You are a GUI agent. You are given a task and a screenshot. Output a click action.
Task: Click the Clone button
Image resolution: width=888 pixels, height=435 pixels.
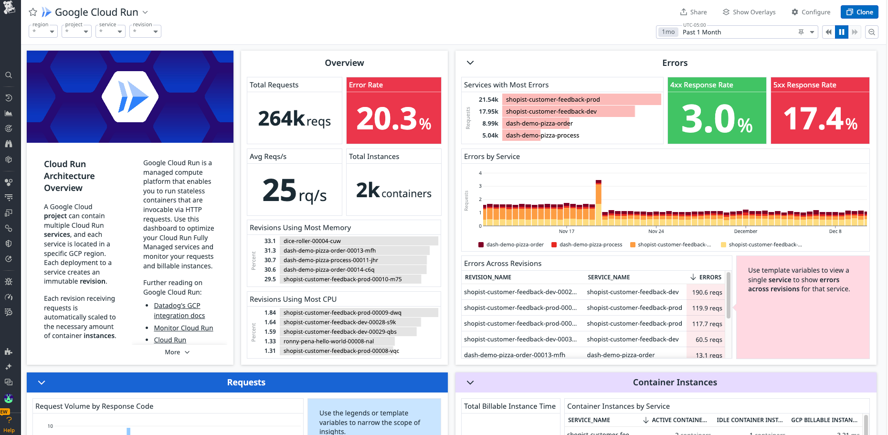point(859,12)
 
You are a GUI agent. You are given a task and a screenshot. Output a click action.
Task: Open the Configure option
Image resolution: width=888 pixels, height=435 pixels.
point(811,12)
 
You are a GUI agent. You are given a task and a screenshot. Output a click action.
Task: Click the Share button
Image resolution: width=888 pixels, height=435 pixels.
point(693,12)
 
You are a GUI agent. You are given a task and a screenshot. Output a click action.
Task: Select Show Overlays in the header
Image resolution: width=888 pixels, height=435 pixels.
point(749,12)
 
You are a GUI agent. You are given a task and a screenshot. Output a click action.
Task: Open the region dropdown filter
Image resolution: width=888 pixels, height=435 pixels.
point(43,32)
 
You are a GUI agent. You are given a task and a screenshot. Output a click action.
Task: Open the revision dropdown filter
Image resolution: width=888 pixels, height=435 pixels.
point(145,32)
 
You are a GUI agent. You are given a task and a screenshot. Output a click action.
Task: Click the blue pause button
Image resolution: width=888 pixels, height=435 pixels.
point(841,32)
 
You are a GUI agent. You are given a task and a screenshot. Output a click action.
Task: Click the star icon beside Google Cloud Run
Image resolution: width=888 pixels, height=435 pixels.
point(33,12)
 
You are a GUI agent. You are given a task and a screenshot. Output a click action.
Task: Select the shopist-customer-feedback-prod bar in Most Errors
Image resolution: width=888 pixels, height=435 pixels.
point(581,99)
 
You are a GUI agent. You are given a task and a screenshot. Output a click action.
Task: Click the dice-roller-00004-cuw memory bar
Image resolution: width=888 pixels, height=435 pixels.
point(359,241)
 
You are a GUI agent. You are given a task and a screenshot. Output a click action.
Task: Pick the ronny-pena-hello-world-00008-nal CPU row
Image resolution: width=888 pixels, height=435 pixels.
point(337,341)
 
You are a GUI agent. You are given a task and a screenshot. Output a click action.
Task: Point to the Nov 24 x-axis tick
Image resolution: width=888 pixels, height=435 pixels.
point(656,231)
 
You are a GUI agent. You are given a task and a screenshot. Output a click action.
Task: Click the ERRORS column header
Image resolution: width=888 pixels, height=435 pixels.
point(709,277)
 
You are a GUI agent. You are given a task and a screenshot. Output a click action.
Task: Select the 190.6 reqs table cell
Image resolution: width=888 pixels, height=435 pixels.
point(707,292)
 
